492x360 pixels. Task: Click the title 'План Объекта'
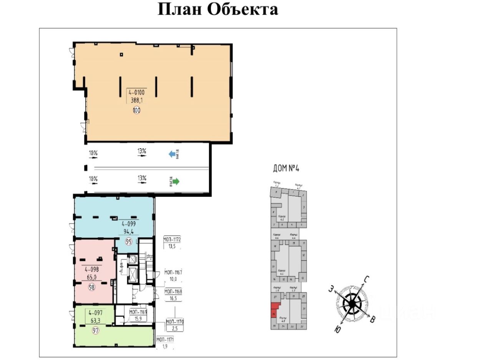[x=218, y=9]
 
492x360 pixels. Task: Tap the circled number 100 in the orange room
[x=136, y=110]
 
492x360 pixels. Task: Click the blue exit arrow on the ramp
[x=172, y=154]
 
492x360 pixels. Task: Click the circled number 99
[x=129, y=242]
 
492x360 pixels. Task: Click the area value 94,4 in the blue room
[x=129, y=232]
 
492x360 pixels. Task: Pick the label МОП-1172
[x=172, y=240]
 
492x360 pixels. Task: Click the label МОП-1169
[x=138, y=312]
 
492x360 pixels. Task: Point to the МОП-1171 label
[x=165, y=339]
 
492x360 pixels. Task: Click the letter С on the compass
[x=367, y=279]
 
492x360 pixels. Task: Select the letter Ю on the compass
[x=337, y=330]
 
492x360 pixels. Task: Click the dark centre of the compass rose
[x=352, y=304]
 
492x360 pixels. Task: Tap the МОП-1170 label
[x=175, y=321]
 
